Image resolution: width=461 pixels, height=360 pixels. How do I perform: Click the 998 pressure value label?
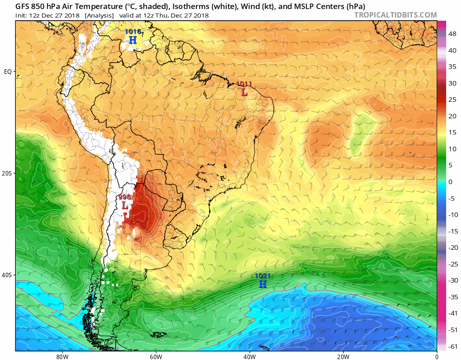coord(124,197)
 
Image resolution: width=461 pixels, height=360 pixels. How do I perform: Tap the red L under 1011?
coord(244,92)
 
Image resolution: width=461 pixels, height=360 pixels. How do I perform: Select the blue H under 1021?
coord(262,284)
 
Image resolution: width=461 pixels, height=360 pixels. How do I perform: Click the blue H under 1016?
coord(133,40)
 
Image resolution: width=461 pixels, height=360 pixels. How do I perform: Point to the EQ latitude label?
coord(8,72)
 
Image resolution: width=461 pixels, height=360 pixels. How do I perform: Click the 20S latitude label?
coord(8,173)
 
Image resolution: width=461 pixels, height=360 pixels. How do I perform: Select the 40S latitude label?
coord(8,275)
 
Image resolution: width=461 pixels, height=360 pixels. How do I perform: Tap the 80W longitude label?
coord(62,356)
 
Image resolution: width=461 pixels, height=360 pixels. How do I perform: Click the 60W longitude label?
coord(156,356)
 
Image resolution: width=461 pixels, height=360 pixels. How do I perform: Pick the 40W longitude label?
coord(249,356)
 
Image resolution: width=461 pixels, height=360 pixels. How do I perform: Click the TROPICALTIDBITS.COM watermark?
coord(395,15)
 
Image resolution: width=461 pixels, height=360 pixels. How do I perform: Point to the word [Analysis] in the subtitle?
coord(99,15)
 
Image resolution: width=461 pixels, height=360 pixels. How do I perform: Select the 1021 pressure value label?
coord(262,275)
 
